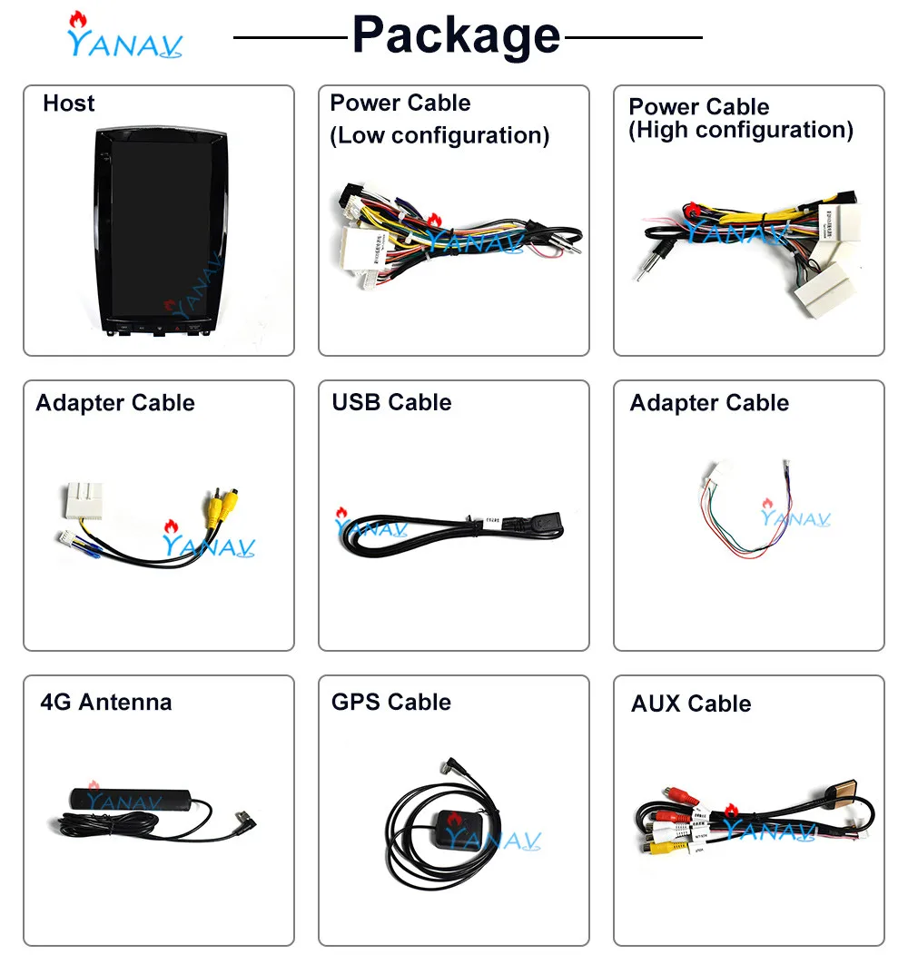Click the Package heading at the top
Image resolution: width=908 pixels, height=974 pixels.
click(x=456, y=36)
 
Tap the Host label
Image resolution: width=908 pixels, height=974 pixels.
click(x=68, y=103)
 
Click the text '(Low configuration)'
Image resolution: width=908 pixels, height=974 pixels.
click(x=439, y=136)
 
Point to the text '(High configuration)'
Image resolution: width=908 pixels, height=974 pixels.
click(x=740, y=131)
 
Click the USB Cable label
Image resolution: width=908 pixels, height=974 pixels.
click(x=391, y=402)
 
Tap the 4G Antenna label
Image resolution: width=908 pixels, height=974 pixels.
click(x=105, y=702)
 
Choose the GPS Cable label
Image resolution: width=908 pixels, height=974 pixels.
click(x=390, y=702)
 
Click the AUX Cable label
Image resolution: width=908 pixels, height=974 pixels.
click(x=690, y=703)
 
